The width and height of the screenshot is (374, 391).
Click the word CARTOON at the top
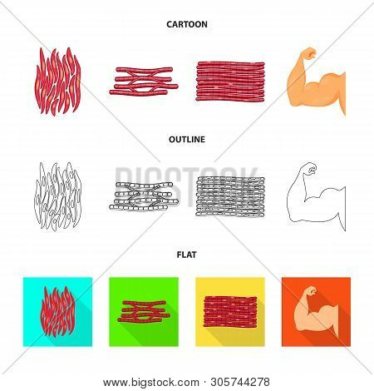(x=186, y=24)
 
